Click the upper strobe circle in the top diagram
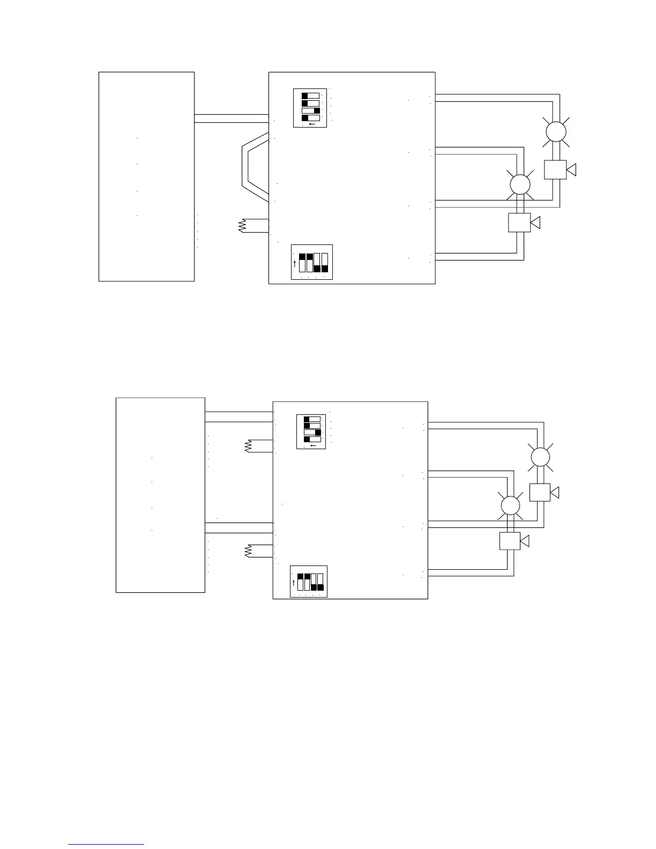pos(556,131)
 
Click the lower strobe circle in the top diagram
pos(519,185)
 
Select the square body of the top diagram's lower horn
pos(519,222)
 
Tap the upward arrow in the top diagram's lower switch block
pos(295,264)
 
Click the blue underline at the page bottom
pos(107,844)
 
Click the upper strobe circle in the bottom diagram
pos(540,457)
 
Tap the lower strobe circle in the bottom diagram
pos(510,505)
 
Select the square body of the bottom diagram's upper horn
pos(540,492)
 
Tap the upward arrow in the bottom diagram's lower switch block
pos(294,583)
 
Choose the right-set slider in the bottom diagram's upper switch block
pos(312,432)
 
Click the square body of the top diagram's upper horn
pos(555,169)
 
